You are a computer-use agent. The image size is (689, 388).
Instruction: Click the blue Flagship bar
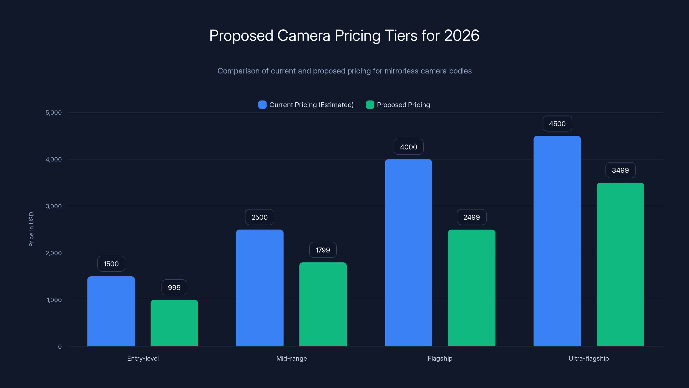[x=408, y=253]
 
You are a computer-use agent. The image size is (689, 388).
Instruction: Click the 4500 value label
[x=557, y=124]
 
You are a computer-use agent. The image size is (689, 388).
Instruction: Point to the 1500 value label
[x=111, y=264]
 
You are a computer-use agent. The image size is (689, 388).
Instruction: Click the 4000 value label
[x=408, y=147]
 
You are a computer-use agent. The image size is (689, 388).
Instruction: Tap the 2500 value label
[x=259, y=217]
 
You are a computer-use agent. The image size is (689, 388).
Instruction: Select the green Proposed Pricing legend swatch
[x=370, y=105]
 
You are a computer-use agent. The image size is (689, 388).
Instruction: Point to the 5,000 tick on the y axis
[x=53, y=113]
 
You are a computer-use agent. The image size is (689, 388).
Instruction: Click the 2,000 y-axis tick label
[x=53, y=253]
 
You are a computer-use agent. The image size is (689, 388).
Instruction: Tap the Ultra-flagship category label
[x=588, y=358]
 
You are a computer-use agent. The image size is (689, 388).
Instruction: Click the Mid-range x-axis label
[x=292, y=358]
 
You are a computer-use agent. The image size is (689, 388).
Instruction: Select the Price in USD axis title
[x=31, y=229]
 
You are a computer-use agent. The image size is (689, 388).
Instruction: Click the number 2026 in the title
[x=461, y=35]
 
